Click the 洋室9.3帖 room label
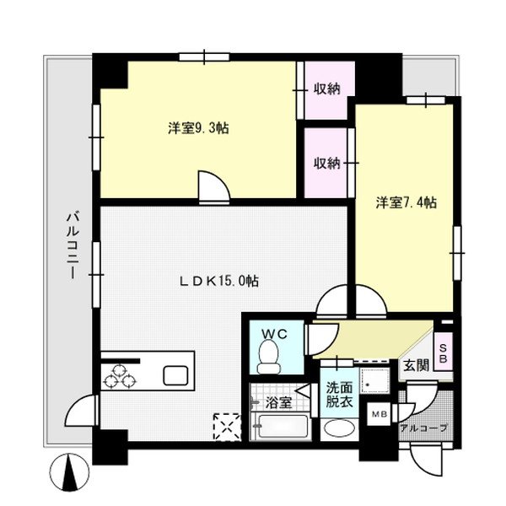click(198, 128)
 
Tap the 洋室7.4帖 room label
click(406, 202)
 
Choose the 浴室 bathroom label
click(281, 403)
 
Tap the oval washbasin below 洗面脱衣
click(340, 428)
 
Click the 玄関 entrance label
click(414, 366)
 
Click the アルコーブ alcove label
click(423, 428)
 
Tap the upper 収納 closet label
click(327, 89)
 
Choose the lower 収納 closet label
click(327, 163)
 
